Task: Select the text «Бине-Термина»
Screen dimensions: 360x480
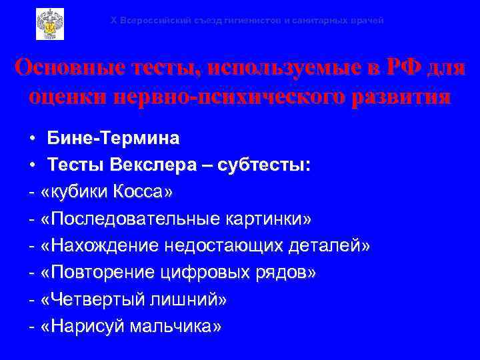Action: tap(113, 139)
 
